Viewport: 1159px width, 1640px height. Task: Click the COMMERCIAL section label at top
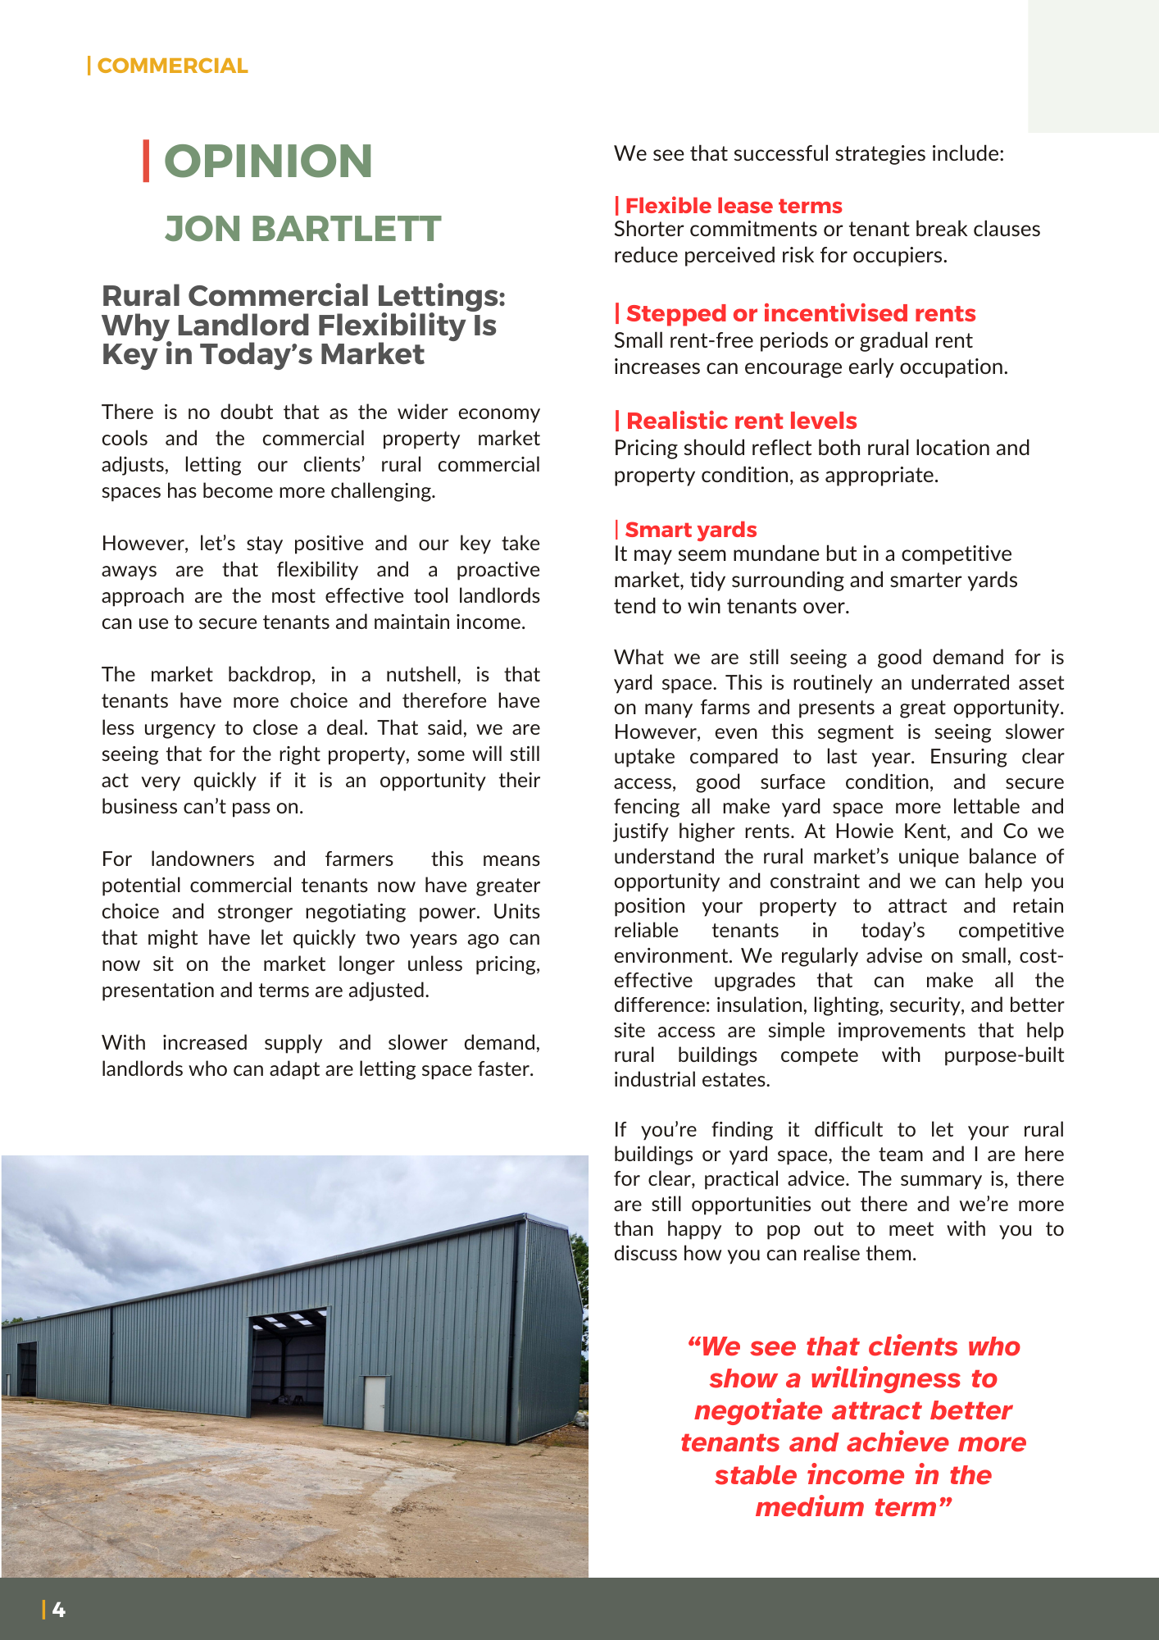pos(172,66)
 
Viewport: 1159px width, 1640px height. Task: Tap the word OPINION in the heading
pos(268,161)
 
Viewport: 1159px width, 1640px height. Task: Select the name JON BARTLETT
pos(302,229)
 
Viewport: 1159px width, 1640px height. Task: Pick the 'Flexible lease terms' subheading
pos(733,205)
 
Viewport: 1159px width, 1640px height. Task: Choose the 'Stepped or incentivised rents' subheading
pos(800,313)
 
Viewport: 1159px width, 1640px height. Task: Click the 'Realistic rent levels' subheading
pos(741,421)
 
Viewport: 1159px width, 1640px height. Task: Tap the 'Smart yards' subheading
pos(690,530)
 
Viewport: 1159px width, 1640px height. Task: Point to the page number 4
pos(59,1610)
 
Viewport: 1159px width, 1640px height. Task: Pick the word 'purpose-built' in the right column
pos(1003,1055)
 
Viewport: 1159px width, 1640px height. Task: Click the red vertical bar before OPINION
pos(146,161)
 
